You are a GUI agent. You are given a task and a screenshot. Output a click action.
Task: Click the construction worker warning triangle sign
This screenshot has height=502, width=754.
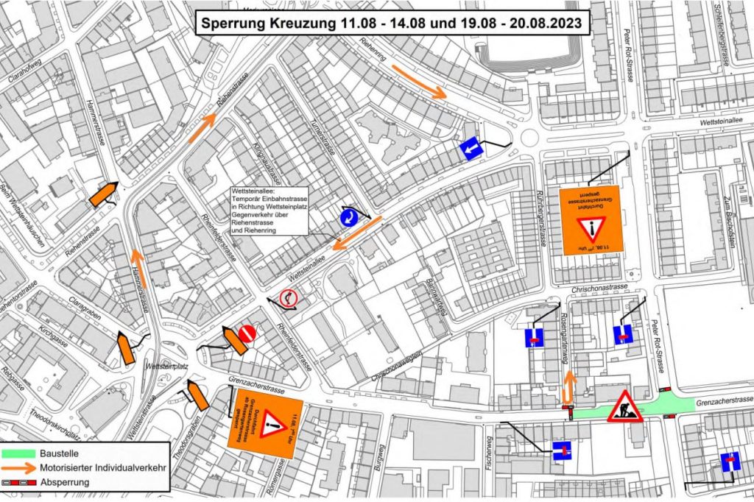coord(624,407)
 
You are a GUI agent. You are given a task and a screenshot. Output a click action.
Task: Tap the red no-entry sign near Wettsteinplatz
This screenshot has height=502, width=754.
coord(247,333)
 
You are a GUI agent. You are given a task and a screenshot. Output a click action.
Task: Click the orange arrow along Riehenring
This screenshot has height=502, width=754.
coord(419,82)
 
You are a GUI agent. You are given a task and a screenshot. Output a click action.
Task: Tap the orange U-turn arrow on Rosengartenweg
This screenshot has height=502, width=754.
coord(568,388)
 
